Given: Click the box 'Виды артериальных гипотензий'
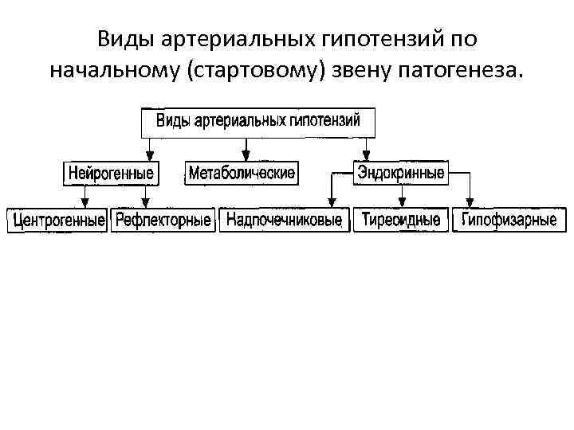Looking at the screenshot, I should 258,121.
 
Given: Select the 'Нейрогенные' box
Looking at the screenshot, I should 111,173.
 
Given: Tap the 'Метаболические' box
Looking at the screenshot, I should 242,173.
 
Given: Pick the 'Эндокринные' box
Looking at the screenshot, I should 401,172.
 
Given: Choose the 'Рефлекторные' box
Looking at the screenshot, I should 163,220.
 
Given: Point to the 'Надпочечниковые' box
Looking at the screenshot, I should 284,220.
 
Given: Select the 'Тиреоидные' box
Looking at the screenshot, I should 401,220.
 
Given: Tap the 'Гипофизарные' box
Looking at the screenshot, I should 509,220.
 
